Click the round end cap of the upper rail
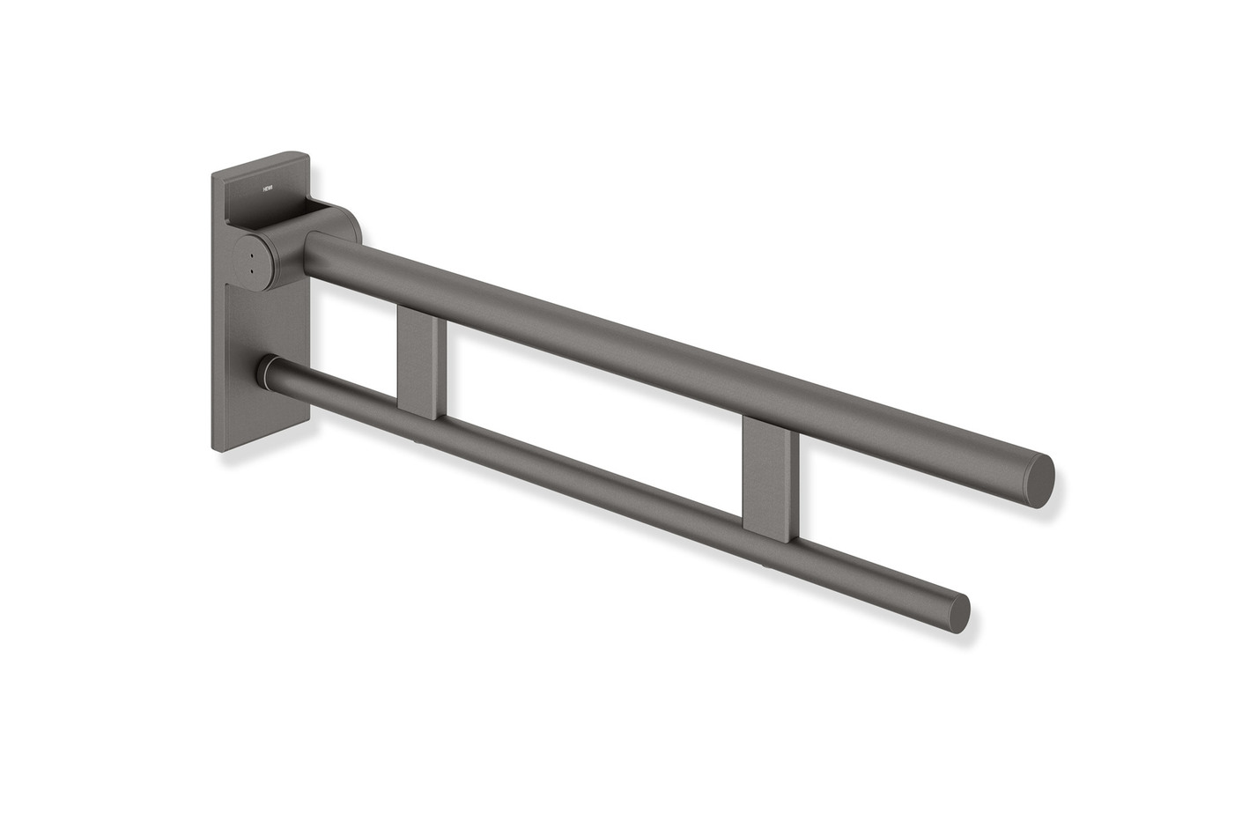coord(1039,481)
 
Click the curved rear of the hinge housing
coord(349,220)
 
